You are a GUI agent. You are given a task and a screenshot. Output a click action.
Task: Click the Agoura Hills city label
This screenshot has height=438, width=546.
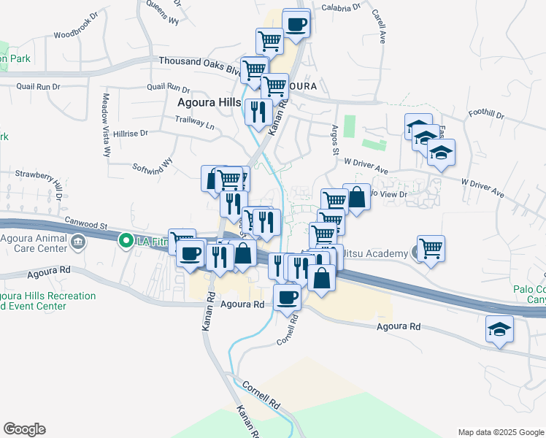209,103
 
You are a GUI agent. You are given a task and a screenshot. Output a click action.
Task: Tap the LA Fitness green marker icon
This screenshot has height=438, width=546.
126,239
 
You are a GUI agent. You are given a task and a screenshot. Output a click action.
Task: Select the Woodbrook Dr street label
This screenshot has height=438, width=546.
75,34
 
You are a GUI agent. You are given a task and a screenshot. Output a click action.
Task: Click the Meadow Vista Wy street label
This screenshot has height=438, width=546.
106,125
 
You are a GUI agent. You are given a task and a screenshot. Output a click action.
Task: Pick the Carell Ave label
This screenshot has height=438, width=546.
378,26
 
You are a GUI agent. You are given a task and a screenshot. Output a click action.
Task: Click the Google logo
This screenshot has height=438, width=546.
24,429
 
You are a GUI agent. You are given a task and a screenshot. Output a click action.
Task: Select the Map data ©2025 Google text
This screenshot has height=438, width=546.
501,432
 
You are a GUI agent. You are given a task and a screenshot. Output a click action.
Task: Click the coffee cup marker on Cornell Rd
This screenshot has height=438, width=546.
287,296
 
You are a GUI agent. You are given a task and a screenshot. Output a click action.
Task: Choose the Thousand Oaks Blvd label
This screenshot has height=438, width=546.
199,64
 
